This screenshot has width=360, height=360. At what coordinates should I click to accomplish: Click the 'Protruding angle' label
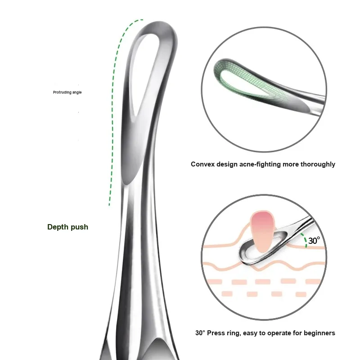(x=67, y=93)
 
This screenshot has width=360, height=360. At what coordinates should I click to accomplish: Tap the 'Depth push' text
(x=67, y=227)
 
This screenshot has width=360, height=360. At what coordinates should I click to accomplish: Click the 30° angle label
(x=314, y=241)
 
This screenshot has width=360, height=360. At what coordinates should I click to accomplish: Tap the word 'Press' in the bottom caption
(x=218, y=333)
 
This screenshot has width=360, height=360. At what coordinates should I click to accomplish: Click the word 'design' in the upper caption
(x=227, y=164)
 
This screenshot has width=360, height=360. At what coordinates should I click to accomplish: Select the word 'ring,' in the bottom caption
(x=238, y=333)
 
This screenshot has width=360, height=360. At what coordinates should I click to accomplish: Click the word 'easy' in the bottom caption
(x=257, y=333)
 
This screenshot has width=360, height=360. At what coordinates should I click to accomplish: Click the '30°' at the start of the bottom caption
(x=200, y=333)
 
